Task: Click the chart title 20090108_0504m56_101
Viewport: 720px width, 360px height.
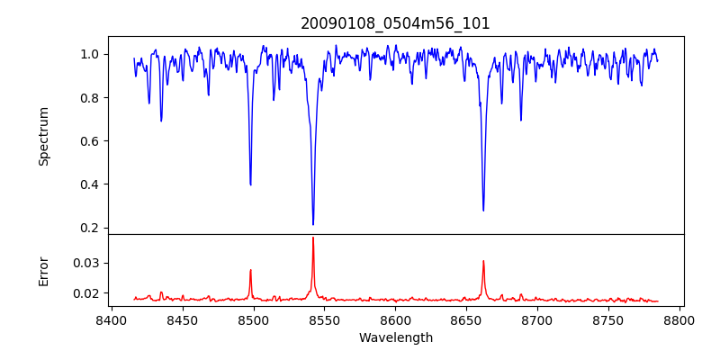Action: pos(395,23)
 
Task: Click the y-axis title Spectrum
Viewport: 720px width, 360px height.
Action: pos(44,136)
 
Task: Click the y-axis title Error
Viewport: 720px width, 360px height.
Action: pos(44,271)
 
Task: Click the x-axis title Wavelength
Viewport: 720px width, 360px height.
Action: pos(395,338)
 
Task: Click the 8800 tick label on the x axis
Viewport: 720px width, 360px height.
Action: pos(679,319)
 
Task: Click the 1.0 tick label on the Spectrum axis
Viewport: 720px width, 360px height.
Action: pos(90,54)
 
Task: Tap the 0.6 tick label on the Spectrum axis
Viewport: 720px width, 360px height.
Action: pos(90,141)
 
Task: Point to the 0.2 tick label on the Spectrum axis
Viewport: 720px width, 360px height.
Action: pos(90,228)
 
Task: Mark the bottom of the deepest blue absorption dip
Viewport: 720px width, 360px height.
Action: pos(313,224)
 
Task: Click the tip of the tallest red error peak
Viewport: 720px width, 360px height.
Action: pos(313,238)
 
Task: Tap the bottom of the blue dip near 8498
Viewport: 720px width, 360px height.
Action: pos(250,184)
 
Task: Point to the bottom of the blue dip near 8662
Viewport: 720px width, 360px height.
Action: pos(483,211)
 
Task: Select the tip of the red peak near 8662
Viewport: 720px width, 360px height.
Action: pos(483,261)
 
